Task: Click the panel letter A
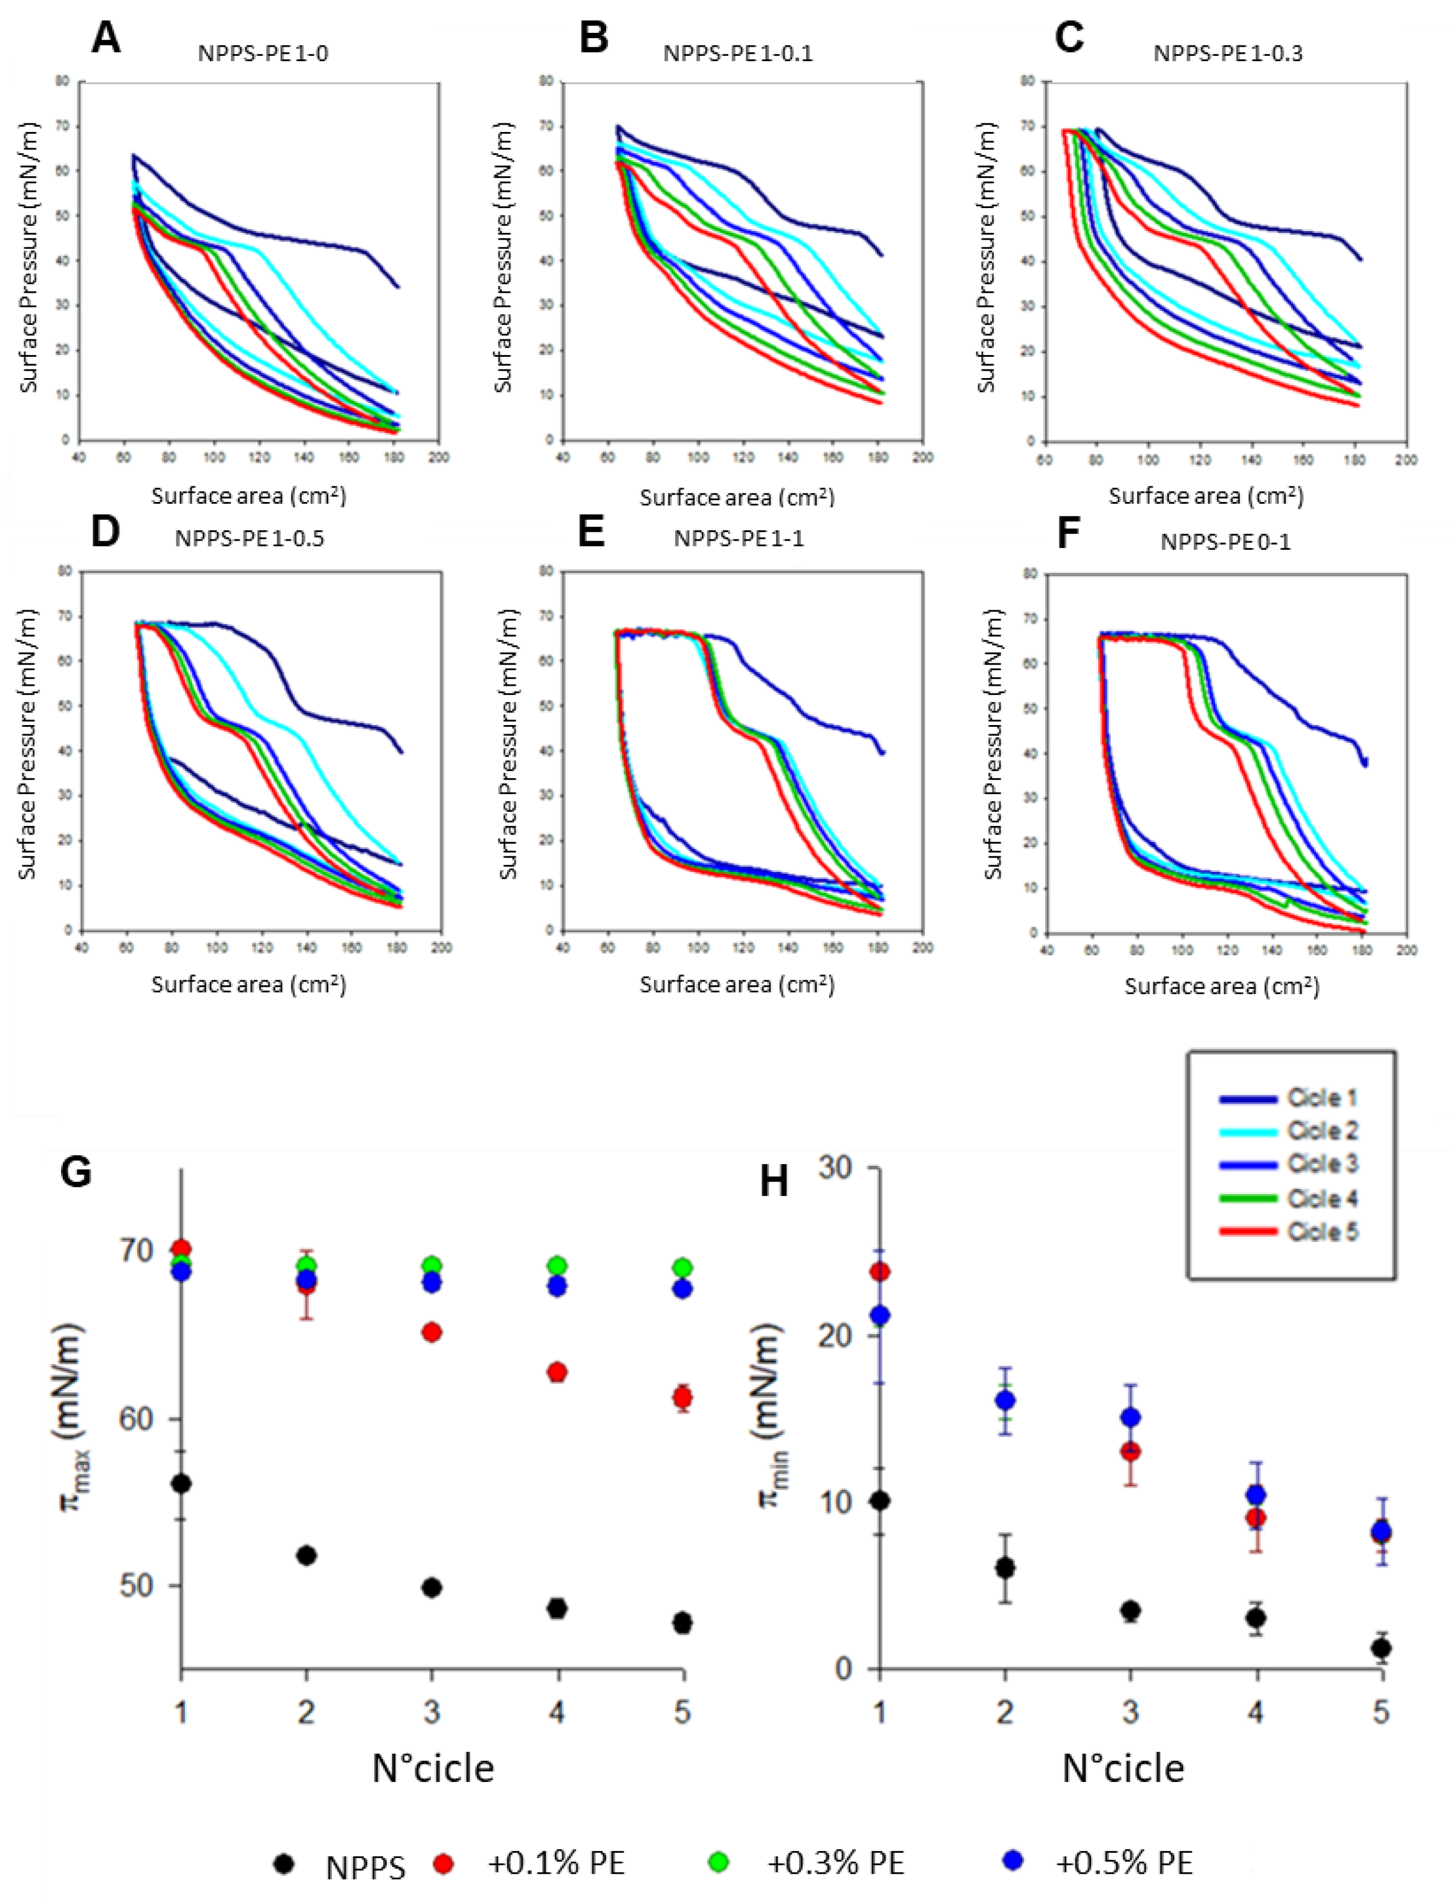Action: pyautogui.click(x=105, y=38)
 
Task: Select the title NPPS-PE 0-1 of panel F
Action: pyautogui.click(x=1225, y=542)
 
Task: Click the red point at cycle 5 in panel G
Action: pyautogui.click(x=682, y=1397)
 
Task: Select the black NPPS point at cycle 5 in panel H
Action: pyautogui.click(x=1381, y=1648)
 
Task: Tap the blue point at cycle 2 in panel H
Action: pyautogui.click(x=1005, y=1400)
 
